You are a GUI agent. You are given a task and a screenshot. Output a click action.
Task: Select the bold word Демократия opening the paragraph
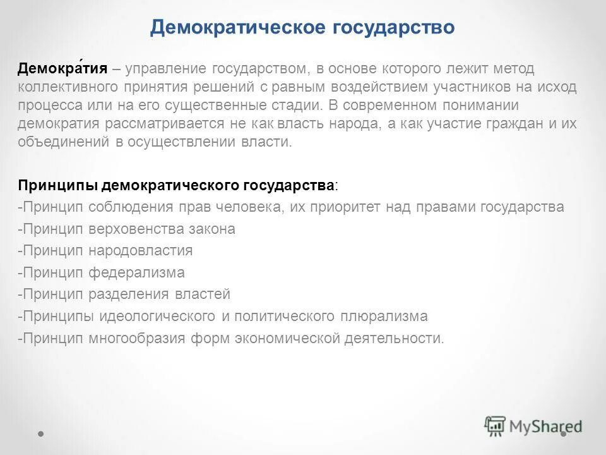62,68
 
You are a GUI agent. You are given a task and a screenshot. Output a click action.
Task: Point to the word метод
515,68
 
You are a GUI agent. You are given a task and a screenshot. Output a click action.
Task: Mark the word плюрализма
384,316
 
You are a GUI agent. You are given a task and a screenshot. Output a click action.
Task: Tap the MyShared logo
533,426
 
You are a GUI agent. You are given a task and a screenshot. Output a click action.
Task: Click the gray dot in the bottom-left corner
41,434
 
